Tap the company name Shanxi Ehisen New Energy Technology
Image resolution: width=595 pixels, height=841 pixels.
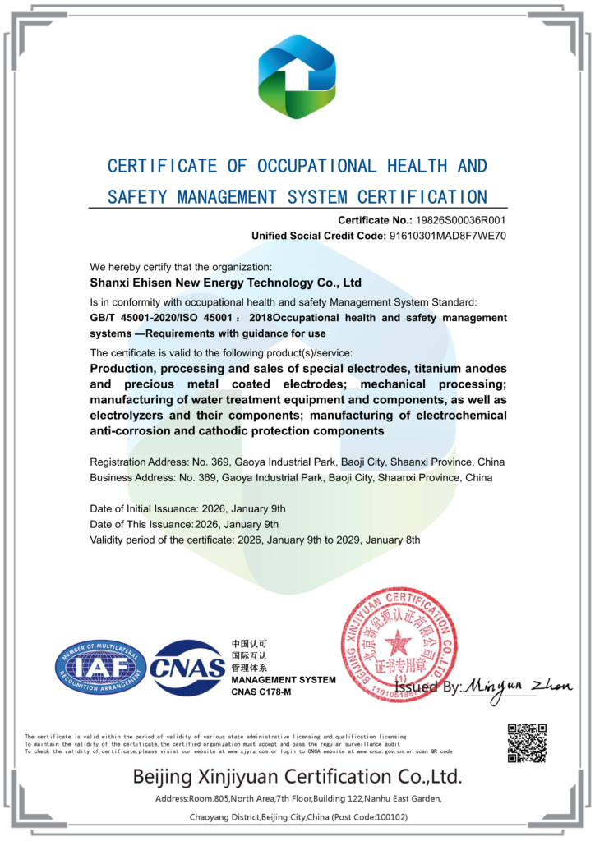click(225, 283)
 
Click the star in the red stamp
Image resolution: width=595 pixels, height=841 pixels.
click(399, 642)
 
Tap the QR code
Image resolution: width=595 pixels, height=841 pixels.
click(527, 742)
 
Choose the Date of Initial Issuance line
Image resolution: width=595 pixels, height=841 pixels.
click(188, 508)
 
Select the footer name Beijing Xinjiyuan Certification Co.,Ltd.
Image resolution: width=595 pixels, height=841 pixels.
click(297, 776)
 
